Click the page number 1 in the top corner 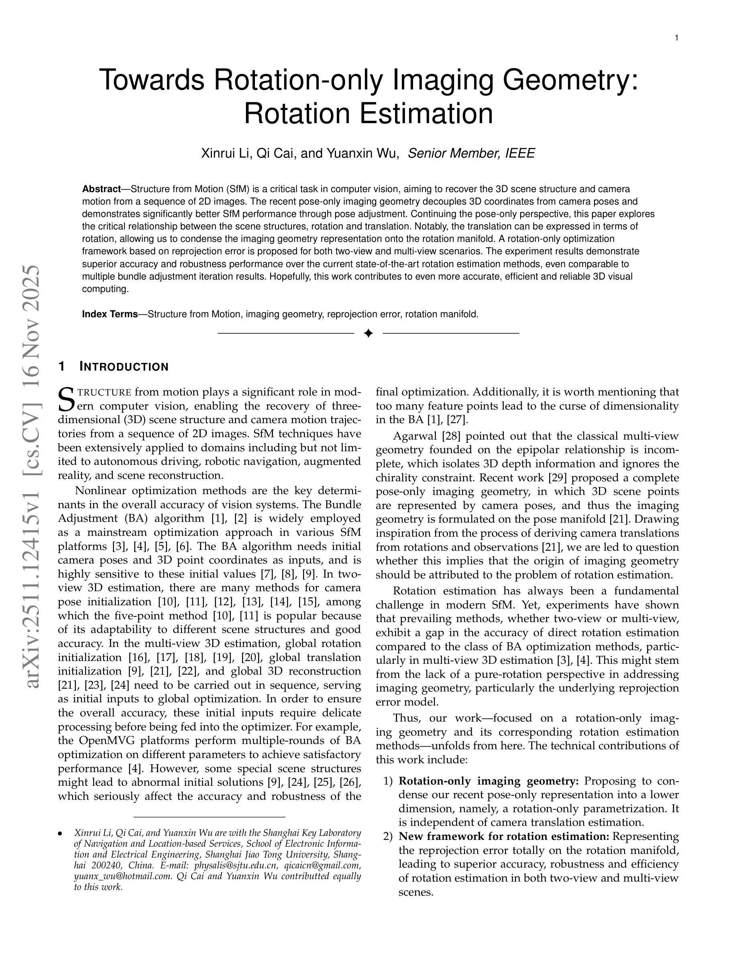pos(676,38)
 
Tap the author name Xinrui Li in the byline pos(225,154)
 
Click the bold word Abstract pos(101,189)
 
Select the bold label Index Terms pos(110,314)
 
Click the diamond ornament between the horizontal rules pos(368,333)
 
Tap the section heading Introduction pos(124,367)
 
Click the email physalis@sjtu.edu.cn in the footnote pos(235,865)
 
